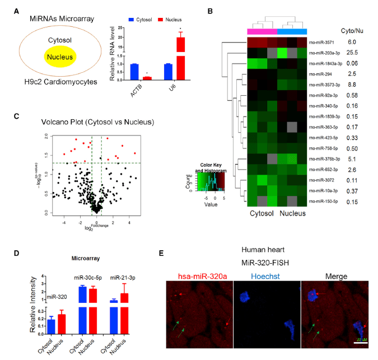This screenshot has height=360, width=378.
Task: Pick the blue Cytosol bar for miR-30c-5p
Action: click(82, 308)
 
